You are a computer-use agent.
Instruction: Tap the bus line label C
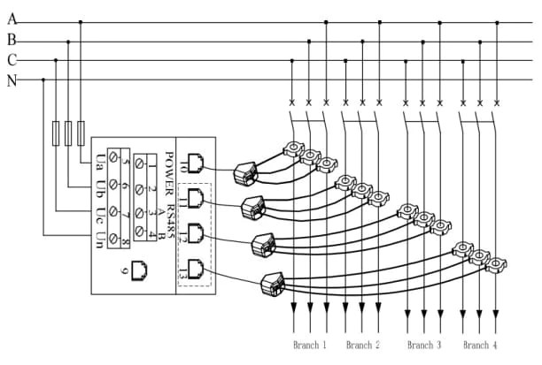[12, 60]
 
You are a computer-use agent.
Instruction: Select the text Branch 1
[310, 344]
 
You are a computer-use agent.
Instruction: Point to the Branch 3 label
[424, 344]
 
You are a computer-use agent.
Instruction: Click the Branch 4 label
[480, 344]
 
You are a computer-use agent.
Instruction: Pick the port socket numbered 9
[139, 270]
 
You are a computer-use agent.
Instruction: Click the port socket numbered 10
[197, 163]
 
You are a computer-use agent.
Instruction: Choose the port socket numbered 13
[197, 269]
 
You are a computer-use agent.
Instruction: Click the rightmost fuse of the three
[81, 133]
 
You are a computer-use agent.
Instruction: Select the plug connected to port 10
[243, 173]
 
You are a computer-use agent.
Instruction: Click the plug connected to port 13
[272, 285]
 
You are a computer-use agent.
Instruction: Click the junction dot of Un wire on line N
[43, 80]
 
